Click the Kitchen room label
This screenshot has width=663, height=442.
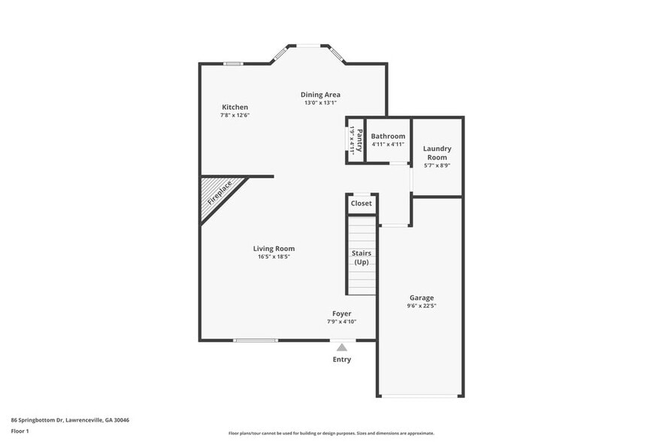click(x=235, y=107)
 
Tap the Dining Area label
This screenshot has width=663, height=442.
click(x=320, y=95)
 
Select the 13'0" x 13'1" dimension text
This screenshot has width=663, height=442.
click(x=322, y=103)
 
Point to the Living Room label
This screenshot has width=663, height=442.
click(x=274, y=249)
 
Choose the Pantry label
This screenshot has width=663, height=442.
click(x=359, y=140)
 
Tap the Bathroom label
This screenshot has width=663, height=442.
click(x=388, y=136)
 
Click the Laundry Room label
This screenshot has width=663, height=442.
click(x=437, y=153)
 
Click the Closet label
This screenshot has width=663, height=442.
click(x=362, y=204)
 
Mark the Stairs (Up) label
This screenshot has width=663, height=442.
click(x=362, y=258)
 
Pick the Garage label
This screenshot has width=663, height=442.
click(x=421, y=298)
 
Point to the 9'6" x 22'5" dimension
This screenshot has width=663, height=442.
click(x=421, y=306)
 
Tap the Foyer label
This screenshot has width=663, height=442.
click(x=342, y=313)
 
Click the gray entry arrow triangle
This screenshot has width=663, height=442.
click(x=342, y=347)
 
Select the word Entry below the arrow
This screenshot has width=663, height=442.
click(x=342, y=359)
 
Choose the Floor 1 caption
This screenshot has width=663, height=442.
click(x=20, y=431)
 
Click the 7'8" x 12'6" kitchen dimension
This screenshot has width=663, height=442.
click(x=235, y=116)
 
